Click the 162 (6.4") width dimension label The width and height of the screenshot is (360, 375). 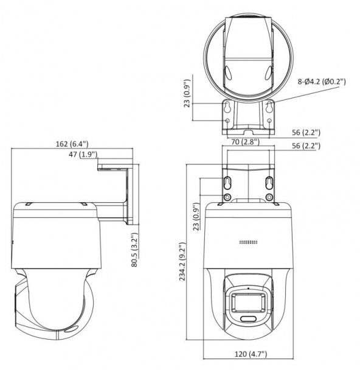pyautogui.click(x=71, y=144)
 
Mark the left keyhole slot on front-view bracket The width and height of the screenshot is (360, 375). pyautogui.click(x=226, y=183)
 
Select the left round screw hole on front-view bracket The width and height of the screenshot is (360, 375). pyautogui.click(x=226, y=198)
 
